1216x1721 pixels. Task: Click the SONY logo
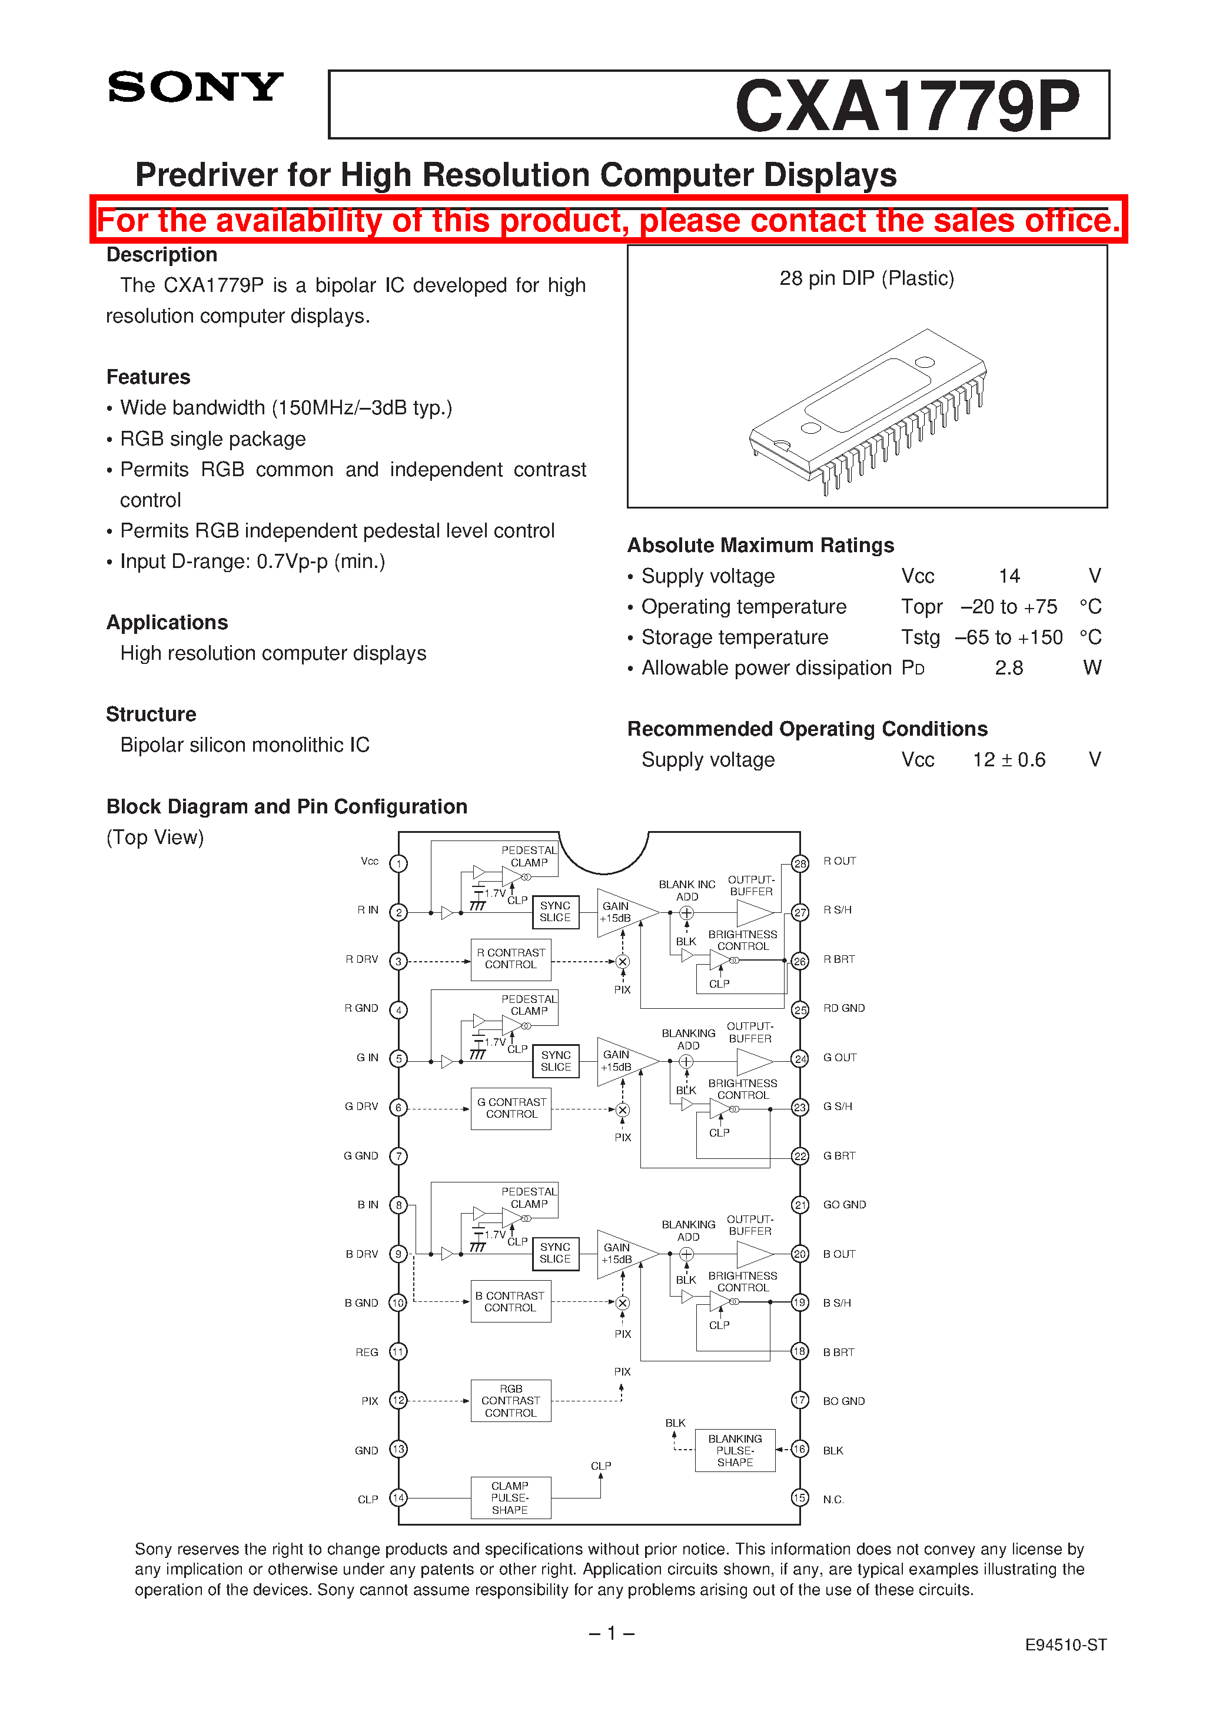click(195, 87)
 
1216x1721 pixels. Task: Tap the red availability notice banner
click(608, 220)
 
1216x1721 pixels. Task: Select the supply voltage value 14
click(1008, 576)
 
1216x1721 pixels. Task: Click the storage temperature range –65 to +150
click(1008, 637)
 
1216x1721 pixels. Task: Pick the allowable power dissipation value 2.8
click(1008, 668)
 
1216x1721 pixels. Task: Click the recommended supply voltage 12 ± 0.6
click(1008, 760)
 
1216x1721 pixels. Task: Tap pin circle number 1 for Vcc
click(399, 863)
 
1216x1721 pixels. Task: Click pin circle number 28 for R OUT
click(800, 863)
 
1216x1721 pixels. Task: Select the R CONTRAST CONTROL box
click(510, 959)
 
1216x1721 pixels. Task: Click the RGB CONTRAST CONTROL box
click(510, 1400)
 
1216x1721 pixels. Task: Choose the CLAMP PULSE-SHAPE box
click(510, 1497)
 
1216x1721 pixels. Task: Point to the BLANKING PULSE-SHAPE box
click(735, 1450)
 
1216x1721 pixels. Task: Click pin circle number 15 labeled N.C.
click(800, 1497)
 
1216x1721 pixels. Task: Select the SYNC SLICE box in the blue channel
click(556, 1253)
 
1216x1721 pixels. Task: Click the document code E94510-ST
click(1065, 1644)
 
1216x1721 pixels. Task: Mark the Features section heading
click(148, 377)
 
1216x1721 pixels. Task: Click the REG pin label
click(367, 1352)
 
